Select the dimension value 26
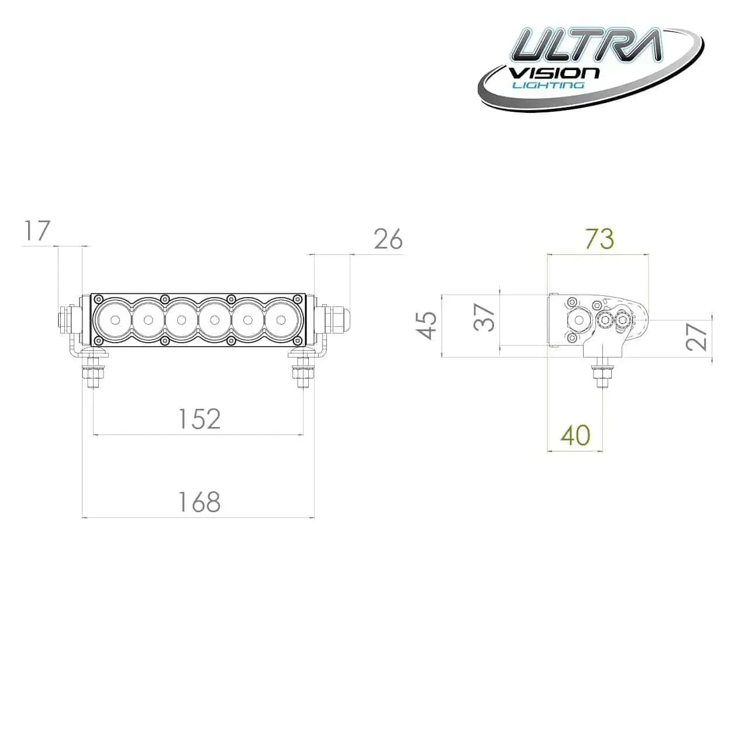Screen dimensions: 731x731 388,239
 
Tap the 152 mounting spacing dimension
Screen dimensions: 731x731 199,419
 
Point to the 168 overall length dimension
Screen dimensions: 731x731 199,502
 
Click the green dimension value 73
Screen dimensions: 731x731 599,239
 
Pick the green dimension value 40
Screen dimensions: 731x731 575,435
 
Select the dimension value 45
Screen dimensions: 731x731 428,325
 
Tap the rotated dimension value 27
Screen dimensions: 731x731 697,336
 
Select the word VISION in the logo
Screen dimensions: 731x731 554,73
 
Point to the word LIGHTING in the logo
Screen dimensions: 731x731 548,85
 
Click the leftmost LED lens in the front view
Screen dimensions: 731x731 115,320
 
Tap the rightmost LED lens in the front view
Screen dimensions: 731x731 281,320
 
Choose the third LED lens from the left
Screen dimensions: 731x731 181,320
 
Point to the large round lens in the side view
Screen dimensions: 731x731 580,320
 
